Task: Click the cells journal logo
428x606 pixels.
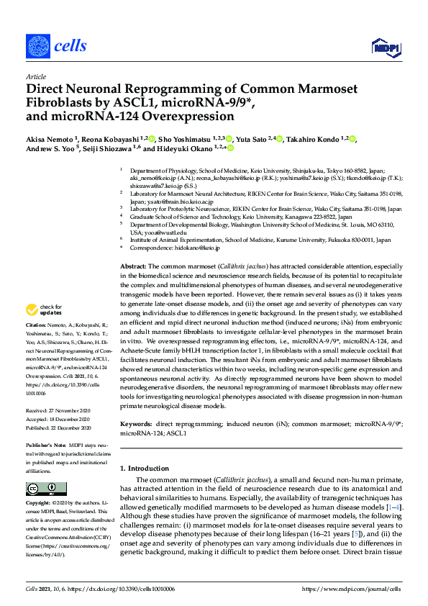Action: click(x=57, y=47)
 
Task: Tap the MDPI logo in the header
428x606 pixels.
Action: click(x=385, y=48)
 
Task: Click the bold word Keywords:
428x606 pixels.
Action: click(x=136, y=425)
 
